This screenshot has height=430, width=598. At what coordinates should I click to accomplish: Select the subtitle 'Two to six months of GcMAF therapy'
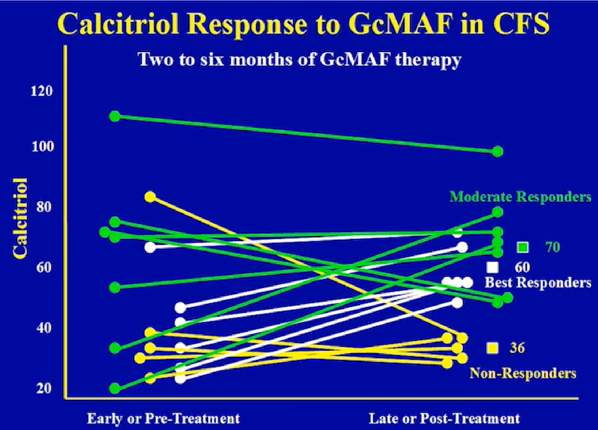point(299,60)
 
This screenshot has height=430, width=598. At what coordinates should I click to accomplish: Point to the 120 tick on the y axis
point(42,92)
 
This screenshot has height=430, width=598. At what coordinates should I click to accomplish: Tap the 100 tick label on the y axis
point(42,147)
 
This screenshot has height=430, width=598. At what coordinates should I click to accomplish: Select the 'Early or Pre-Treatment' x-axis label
point(163,418)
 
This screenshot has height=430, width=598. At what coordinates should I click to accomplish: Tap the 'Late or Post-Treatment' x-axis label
point(444,418)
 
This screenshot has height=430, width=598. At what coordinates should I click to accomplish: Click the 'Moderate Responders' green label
point(520,197)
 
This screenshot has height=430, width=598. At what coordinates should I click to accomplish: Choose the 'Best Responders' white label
point(538,283)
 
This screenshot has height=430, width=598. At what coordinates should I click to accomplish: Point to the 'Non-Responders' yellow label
point(523,373)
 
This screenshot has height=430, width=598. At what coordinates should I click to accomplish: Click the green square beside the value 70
point(522,247)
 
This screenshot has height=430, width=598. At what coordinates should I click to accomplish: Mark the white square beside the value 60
point(493,267)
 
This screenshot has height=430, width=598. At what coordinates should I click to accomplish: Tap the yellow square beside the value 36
point(493,348)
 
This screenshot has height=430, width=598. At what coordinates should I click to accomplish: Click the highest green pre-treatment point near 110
point(115,116)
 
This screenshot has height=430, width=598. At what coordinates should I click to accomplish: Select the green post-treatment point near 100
point(497,152)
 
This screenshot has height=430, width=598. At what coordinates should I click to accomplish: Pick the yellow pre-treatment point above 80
point(150,197)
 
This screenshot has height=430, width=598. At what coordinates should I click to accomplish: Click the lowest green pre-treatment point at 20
point(115,388)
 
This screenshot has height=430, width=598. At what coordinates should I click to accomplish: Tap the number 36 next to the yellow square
point(517,348)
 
